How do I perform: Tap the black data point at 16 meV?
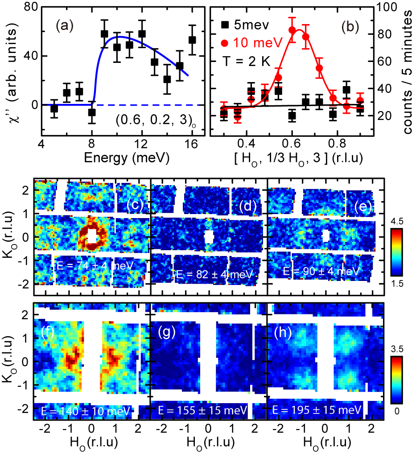tap(192, 40)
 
